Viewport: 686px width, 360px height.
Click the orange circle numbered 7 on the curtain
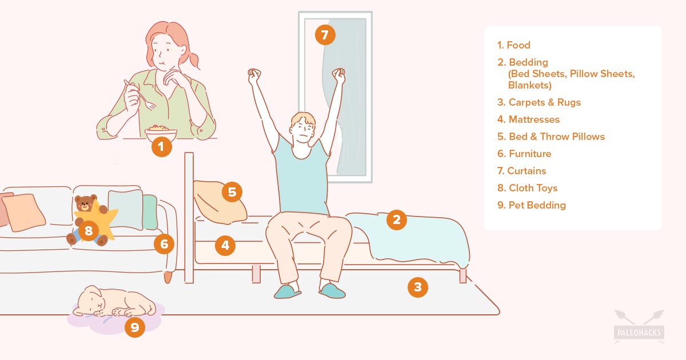click(325, 35)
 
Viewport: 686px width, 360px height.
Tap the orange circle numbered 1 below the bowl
click(161, 147)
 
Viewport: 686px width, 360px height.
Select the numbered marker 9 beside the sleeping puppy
click(135, 327)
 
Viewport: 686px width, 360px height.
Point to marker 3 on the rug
click(418, 287)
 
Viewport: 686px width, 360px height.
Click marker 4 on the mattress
click(225, 245)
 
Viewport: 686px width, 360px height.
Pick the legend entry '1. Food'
click(513, 45)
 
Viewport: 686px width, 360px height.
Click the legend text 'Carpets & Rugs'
click(544, 102)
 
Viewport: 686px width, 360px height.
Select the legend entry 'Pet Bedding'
click(537, 205)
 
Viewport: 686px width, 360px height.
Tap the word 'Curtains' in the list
click(527, 171)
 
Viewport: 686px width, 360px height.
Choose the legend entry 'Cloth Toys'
click(533, 188)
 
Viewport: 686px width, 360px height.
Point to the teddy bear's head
click(85, 203)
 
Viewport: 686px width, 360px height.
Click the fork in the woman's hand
click(141, 94)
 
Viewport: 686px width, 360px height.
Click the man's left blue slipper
click(287, 292)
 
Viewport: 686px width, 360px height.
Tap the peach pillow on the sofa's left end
click(23, 212)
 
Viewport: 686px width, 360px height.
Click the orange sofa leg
click(167, 277)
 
